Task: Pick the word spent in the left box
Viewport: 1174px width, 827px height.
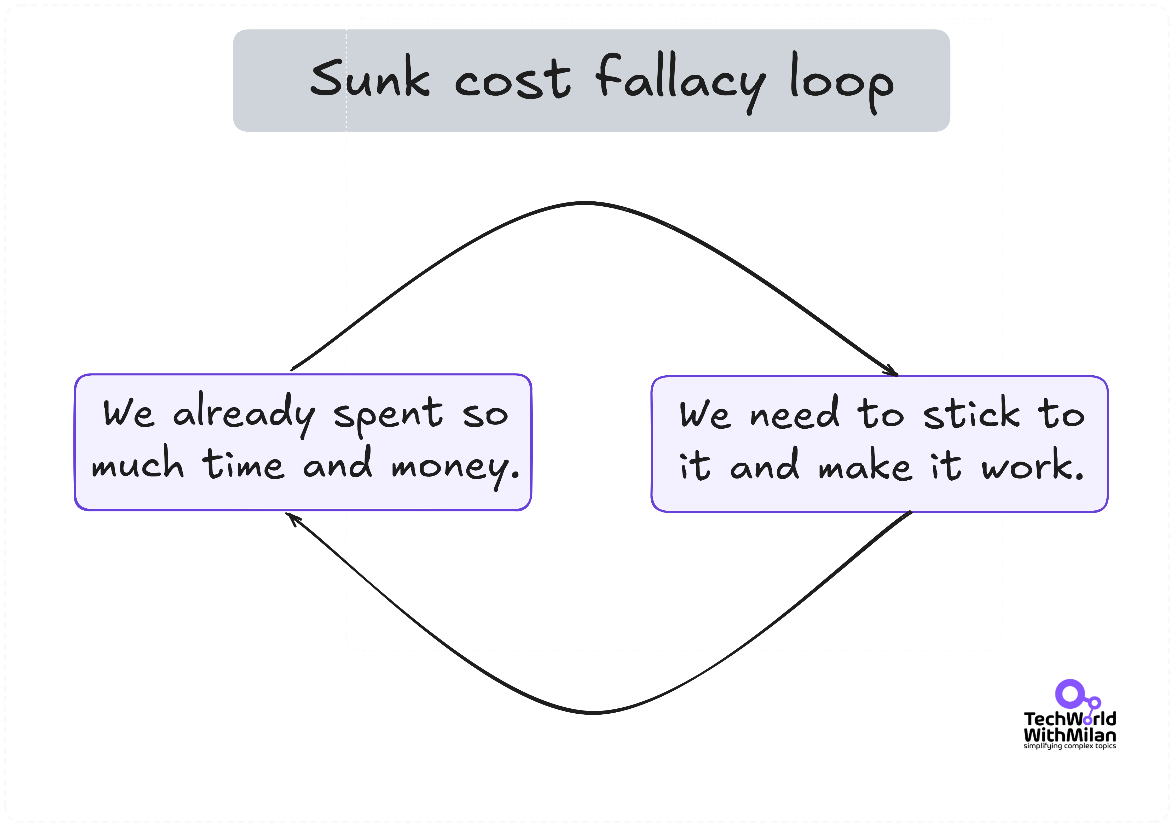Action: [x=388, y=415]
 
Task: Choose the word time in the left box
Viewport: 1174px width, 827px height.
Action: [x=243, y=464]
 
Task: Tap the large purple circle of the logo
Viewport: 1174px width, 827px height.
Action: [x=1069, y=694]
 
